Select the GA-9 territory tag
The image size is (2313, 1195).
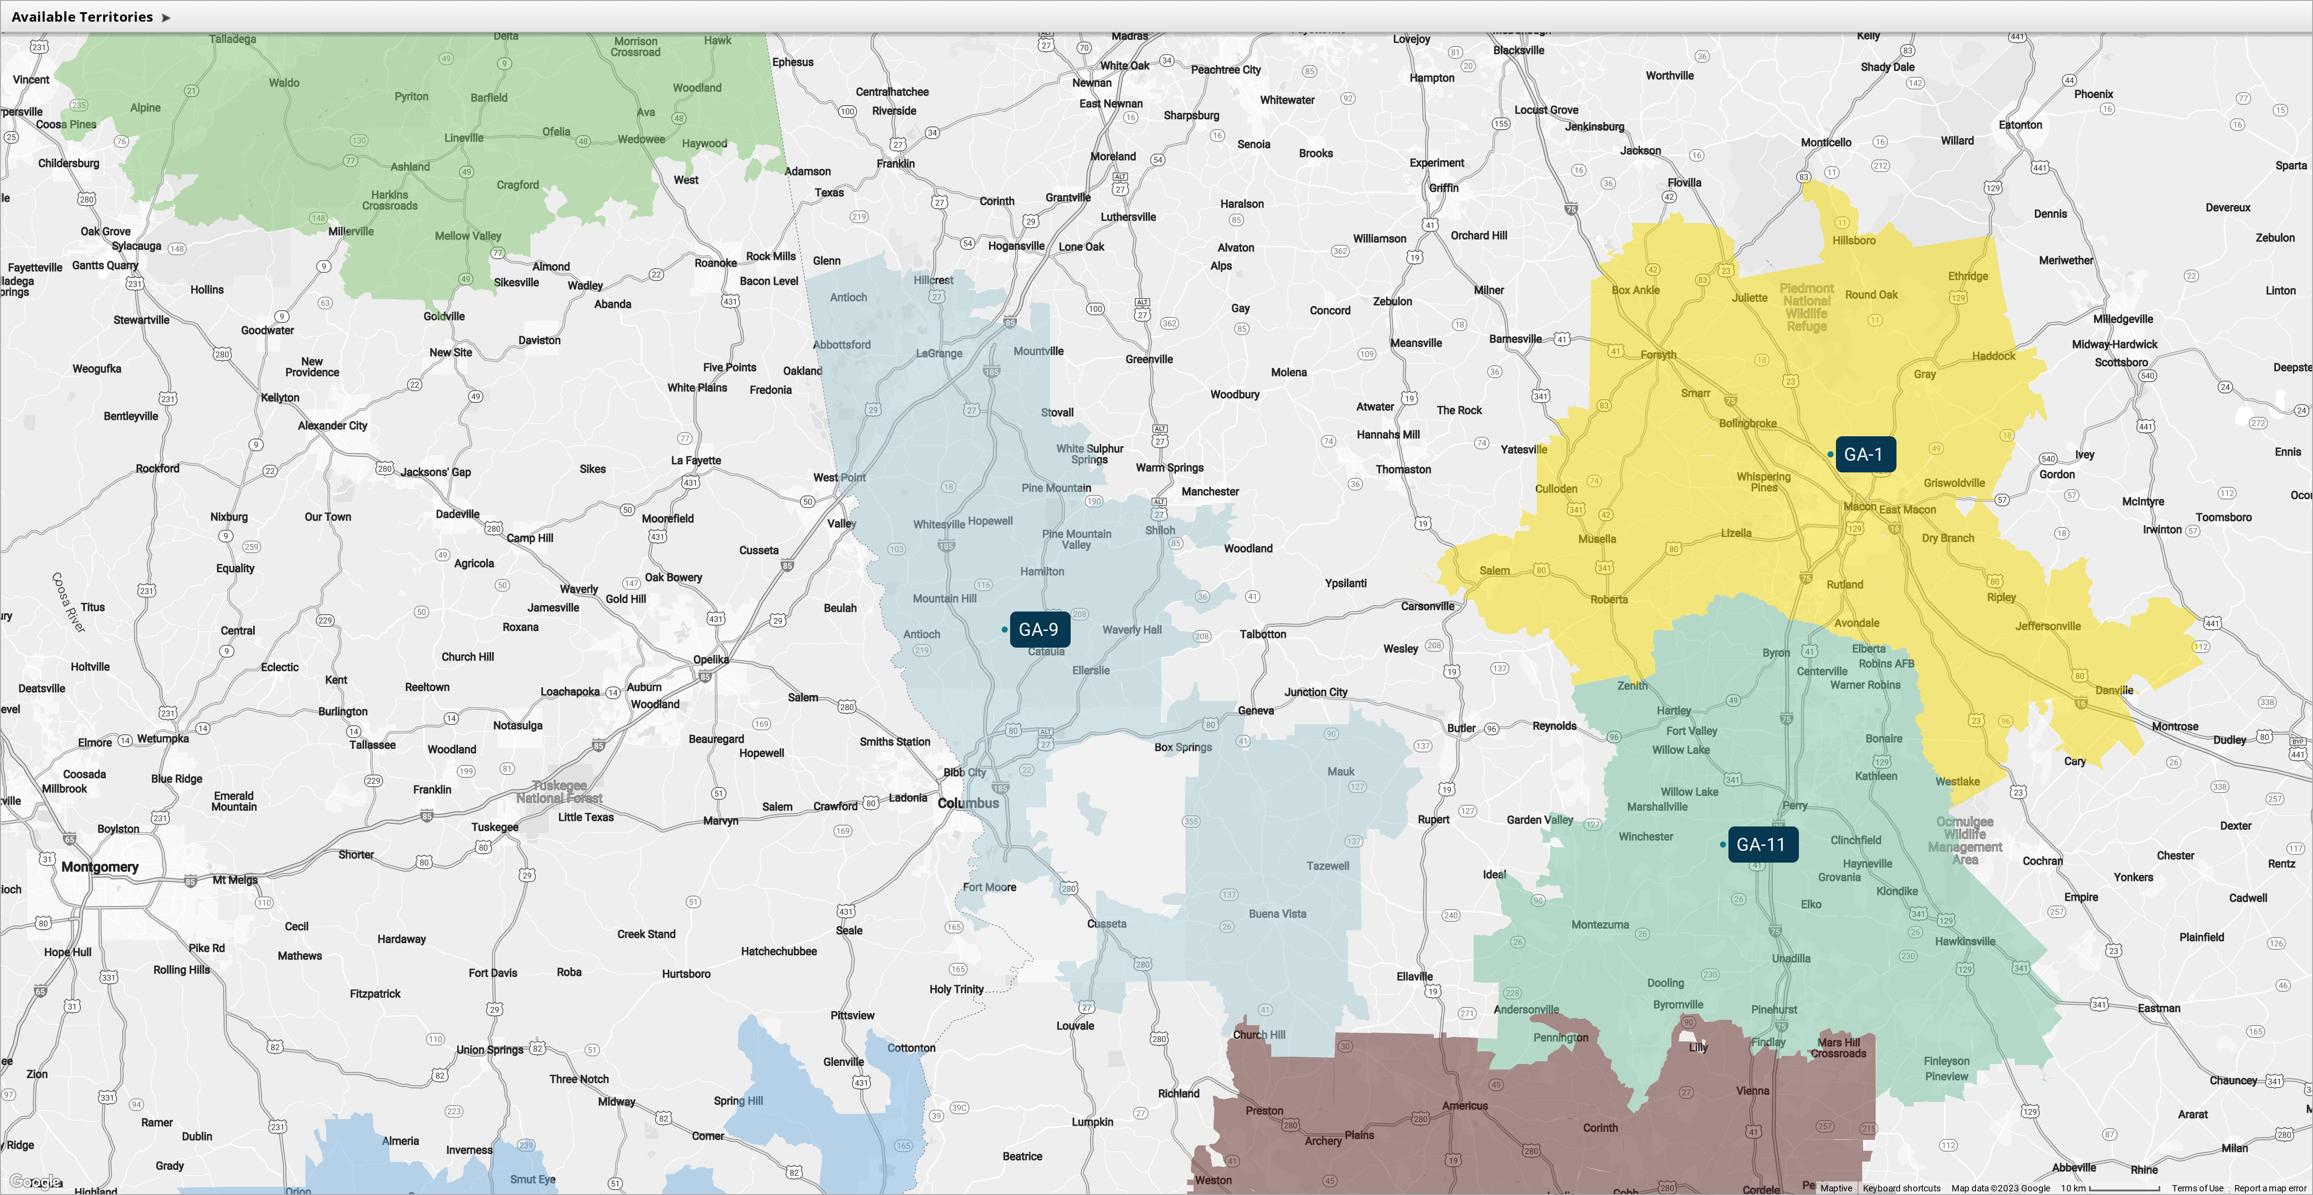click(x=1039, y=630)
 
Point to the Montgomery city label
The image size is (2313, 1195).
click(x=100, y=866)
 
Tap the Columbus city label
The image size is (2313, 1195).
click(x=968, y=803)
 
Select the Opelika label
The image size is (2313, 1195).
click(x=710, y=659)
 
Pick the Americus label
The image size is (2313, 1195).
click(x=1465, y=1105)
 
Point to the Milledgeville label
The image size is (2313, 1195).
click(x=2123, y=319)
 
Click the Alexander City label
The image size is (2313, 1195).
click(x=332, y=425)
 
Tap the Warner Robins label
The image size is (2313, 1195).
click(x=1865, y=684)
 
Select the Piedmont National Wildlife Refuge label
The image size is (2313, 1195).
click(x=1807, y=307)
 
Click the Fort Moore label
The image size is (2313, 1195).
click(x=989, y=887)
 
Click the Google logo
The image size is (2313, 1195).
click(x=36, y=1181)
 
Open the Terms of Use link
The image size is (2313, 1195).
click(x=2196, y=1188)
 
